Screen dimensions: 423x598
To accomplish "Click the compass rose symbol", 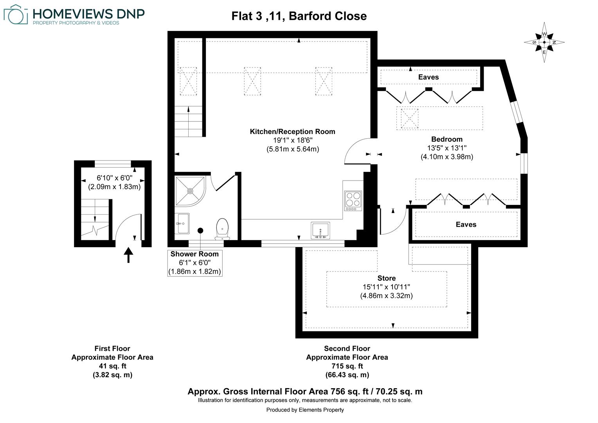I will point(544,42).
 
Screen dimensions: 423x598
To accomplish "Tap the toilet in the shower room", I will point(222,229).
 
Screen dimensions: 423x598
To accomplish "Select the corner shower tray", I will point(190,191).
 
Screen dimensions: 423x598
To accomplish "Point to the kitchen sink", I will point(320,230).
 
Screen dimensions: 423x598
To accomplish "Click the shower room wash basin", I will point(182,223).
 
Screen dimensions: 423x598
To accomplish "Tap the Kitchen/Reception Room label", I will point(292,132).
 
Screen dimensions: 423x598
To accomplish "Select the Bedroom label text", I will point(447,139).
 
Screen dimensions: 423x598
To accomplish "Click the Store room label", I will point(386,278).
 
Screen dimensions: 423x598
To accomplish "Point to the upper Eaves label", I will point(428,77).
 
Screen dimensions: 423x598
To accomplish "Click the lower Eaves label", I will point(466,224).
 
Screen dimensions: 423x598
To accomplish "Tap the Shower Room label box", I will point(195,263).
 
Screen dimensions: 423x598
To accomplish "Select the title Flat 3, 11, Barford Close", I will point(299,16).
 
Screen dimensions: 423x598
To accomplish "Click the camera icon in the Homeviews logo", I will point(16,15).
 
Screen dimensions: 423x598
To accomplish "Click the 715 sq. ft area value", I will point(347,366).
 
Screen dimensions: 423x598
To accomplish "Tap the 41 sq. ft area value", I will point(112,366).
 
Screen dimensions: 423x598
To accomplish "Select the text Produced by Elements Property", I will point(305,410).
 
